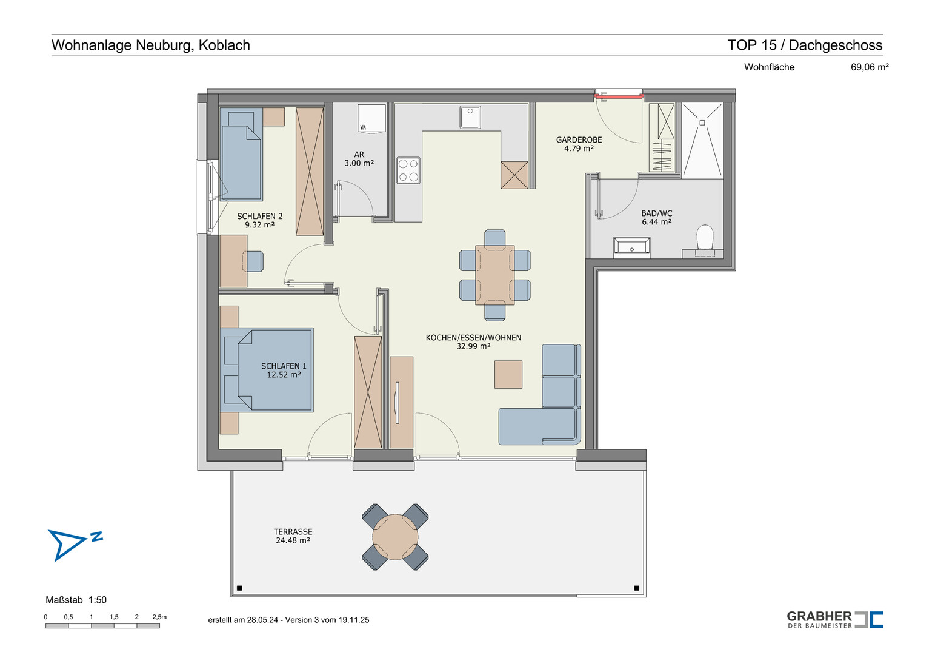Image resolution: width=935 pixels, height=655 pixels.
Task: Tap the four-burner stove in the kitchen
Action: tap(408, 170)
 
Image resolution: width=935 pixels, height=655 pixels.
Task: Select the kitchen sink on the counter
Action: tap(470, 117)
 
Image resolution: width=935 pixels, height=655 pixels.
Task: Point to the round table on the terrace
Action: tap(395, 537)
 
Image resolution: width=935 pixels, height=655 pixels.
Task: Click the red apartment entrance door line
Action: tap(619, 96)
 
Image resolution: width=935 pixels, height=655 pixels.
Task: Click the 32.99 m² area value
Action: tap(473, 346)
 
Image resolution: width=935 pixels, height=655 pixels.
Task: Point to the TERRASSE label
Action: tap(293, 532)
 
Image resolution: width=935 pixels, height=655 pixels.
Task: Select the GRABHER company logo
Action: tap(835, 619)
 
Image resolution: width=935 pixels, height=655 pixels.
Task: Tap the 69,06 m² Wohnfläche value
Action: tap(870, 67)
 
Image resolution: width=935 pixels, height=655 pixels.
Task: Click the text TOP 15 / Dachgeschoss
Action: tap(805, 45)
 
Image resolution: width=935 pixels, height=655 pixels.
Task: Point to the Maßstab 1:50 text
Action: tap(76, 600)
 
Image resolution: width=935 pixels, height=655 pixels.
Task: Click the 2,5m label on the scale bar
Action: tap(159, 617)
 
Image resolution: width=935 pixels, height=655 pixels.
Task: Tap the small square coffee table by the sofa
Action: tap(508, 375)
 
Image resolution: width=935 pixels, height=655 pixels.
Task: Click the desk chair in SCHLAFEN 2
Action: tap(255, 261)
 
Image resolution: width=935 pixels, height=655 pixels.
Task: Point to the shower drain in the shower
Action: tap(702, 123)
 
